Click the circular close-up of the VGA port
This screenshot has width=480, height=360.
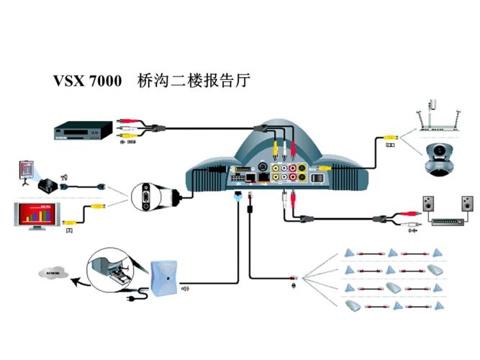(x=148, y=196)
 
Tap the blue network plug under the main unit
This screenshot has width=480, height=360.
(x=237, y=194)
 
